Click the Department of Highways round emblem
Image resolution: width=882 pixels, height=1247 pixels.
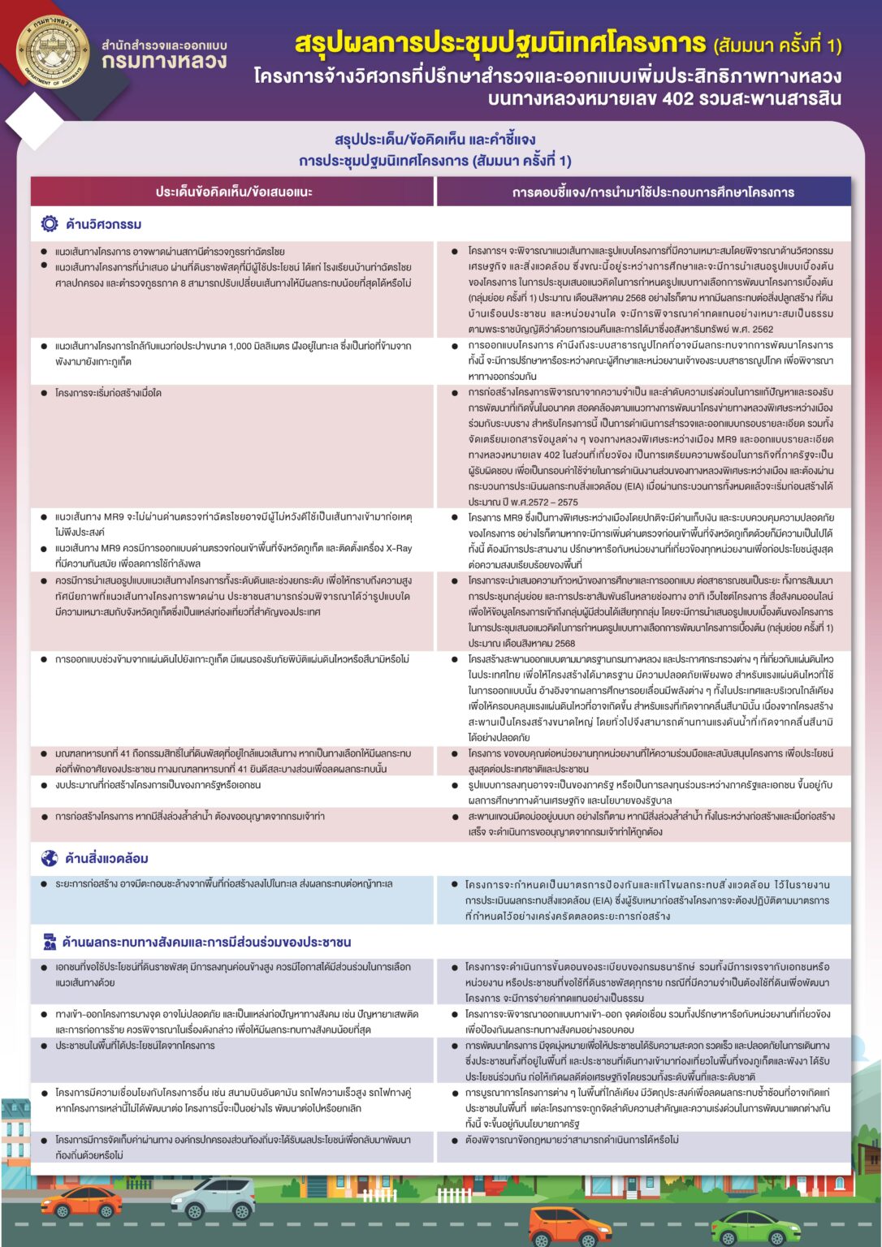pos(52,51)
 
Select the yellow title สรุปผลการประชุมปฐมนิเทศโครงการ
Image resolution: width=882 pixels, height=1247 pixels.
pos(500,43)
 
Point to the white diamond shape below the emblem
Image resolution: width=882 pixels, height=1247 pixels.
pos(33,120)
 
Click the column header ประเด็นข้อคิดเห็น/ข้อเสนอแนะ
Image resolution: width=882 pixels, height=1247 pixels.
pos(234,192)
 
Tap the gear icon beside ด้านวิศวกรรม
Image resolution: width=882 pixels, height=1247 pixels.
pos(50,224)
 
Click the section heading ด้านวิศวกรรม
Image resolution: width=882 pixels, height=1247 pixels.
pos(104,224)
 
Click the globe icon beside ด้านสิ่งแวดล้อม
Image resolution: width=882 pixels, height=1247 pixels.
pos(50,858)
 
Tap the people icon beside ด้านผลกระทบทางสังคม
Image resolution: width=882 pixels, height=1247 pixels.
pos(50,942)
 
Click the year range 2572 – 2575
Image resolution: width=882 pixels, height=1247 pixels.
pos(552,502)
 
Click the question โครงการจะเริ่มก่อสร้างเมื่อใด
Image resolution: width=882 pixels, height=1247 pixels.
pos(108,393)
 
